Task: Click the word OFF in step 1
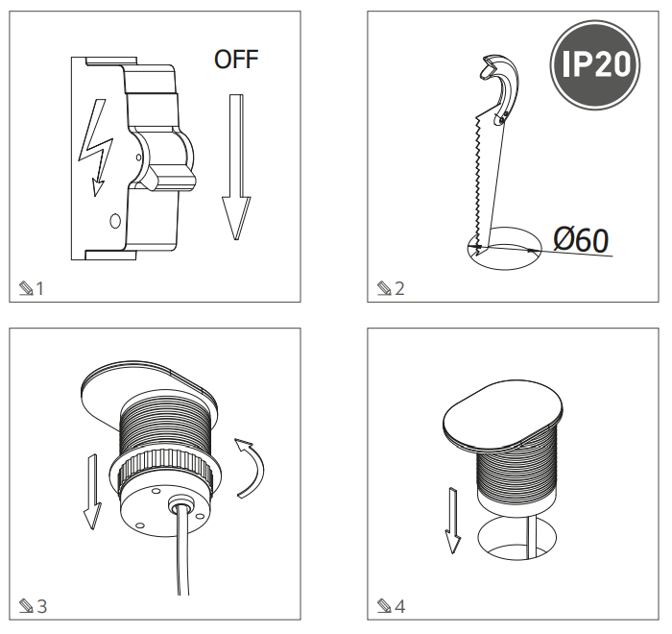pos(236,60)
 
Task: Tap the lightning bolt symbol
pos(96,147)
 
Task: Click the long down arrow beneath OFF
pos(236,167)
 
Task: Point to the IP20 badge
pos(595,64)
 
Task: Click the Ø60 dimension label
pos(581,239)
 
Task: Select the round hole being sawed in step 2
pos(504,249)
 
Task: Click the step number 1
pos(40,289)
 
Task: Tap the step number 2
pos(399,289)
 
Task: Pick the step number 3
pos(41,606)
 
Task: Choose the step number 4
pos(399,606)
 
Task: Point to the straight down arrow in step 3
pos(92,492)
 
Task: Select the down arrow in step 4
pos(452,521)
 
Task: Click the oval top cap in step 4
pos(502,414)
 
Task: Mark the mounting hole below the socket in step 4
pos(516,540)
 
